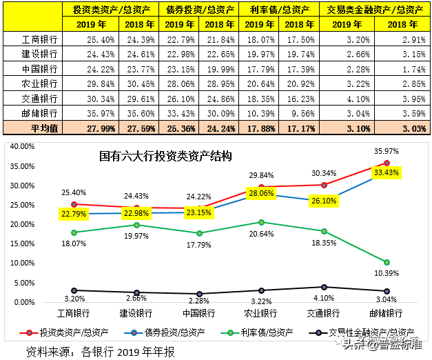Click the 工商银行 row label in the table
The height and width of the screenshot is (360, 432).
[x=31, y=39]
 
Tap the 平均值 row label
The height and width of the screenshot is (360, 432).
[x=31, y=128]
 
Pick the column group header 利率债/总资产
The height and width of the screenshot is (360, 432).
[x=279, y=9]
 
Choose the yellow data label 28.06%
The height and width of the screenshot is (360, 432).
[x=261, y=194]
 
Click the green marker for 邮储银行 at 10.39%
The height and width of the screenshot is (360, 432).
[x=387, y=262]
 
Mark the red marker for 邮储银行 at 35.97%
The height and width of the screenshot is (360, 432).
[x=387, y=163]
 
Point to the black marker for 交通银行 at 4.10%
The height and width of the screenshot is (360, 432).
[x=325, y=286]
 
